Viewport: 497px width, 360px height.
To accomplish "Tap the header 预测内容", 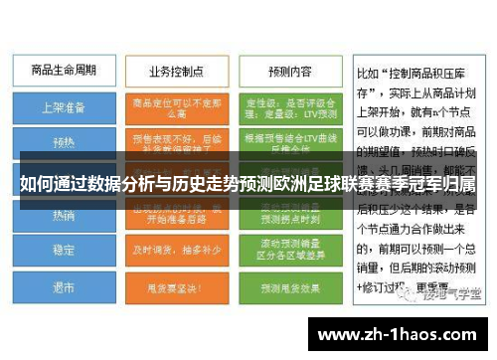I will [x=289, y=72].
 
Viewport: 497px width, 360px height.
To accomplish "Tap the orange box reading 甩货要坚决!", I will [x=173, y=288].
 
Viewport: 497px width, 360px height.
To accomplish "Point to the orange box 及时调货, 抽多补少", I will [x=173, y=251].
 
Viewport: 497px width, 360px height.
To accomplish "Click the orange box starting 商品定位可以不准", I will [x=173, y=106].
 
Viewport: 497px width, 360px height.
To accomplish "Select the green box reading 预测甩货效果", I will [x=289, y=288].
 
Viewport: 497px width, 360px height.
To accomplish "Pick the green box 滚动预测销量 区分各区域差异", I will [x=289, y=251].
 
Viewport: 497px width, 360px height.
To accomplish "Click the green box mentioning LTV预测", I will [x=289, y=106].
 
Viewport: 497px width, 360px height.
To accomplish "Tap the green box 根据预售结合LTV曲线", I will [x=289, y=143].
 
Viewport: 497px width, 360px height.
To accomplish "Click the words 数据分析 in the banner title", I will [x=109, y=185].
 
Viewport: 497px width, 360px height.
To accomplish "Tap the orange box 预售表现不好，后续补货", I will [x=173, y=143].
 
